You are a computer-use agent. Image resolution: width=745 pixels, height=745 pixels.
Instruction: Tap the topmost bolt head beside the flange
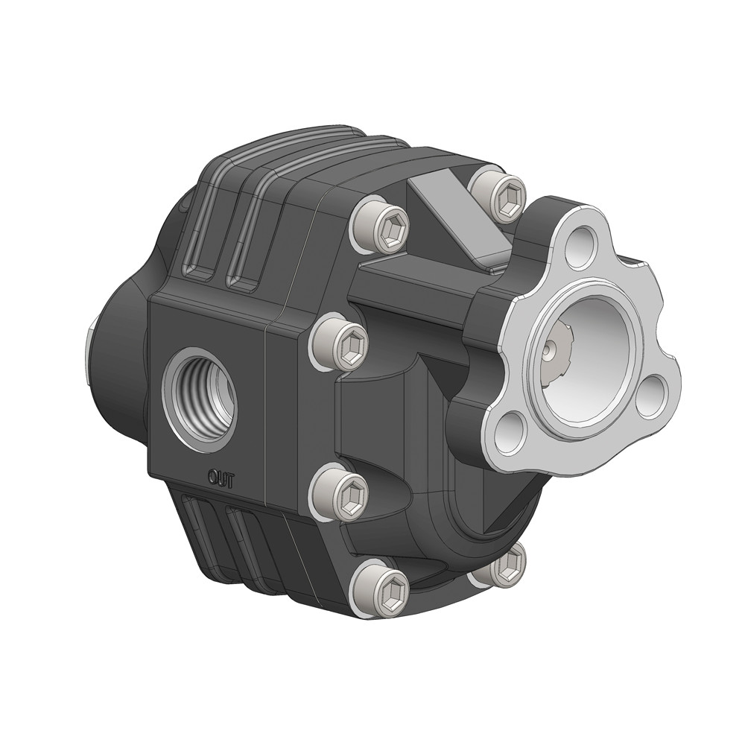pos(498,194)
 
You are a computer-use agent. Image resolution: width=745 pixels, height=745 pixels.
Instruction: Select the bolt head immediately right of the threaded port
pos(339,341)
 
